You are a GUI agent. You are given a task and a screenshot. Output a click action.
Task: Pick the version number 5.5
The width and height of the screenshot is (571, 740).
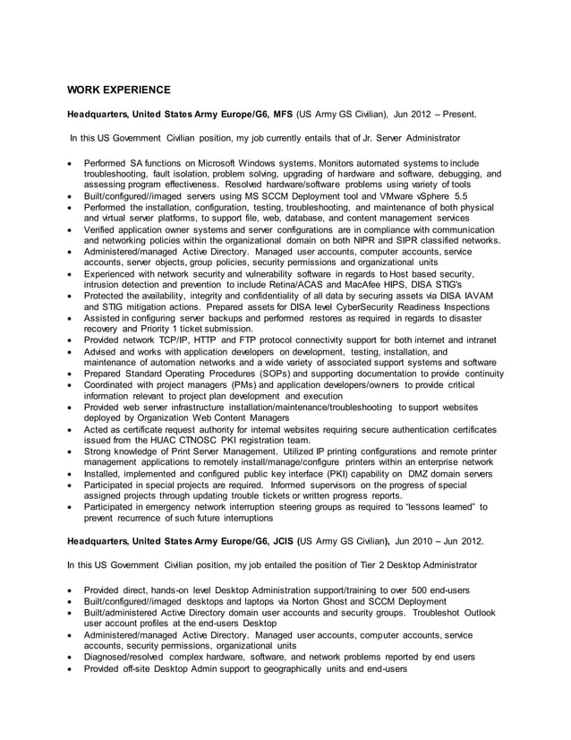coord(460,195)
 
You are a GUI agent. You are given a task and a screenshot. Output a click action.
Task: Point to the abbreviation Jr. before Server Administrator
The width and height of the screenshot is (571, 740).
coord(364,139)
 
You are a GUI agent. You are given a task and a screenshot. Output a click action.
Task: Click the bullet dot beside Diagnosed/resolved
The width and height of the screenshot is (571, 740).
coord(71,657)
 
